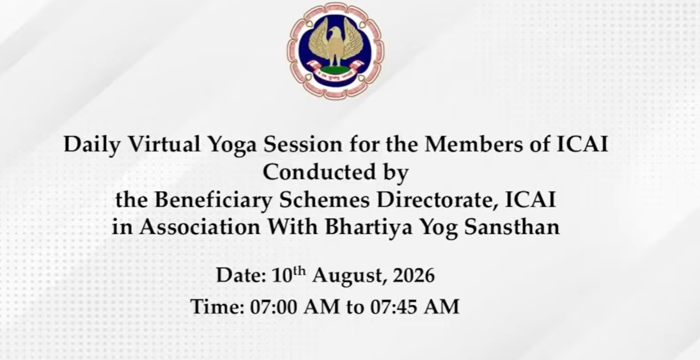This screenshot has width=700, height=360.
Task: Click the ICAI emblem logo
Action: coord(335,51)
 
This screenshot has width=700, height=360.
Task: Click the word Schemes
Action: coord(325,200)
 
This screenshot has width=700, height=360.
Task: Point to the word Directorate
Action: coord(437,200)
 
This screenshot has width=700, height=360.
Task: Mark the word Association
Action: coord(199,227)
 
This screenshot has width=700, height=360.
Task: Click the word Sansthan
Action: coord(512,227)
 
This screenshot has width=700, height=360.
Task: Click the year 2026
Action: coord(414,276)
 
